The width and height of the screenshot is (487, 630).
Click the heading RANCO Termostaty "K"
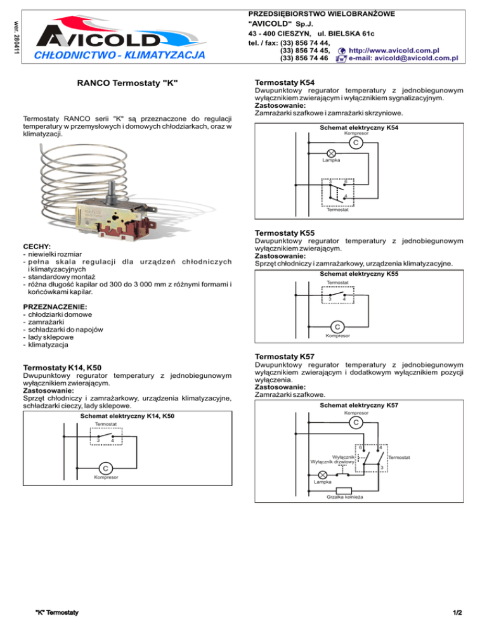point(127,83)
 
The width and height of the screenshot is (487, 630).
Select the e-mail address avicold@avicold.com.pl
point(403,58)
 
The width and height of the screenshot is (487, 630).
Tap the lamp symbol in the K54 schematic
point(330,153)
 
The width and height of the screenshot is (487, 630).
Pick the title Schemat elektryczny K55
point(359,274)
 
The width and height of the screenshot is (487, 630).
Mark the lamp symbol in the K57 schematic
point(323,475)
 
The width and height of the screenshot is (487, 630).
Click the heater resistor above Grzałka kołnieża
point(344,490)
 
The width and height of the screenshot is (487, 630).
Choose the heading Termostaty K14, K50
point(67,367)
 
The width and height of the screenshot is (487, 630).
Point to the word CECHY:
point(37,246)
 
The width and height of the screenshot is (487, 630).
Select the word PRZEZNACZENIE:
point(54,307)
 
